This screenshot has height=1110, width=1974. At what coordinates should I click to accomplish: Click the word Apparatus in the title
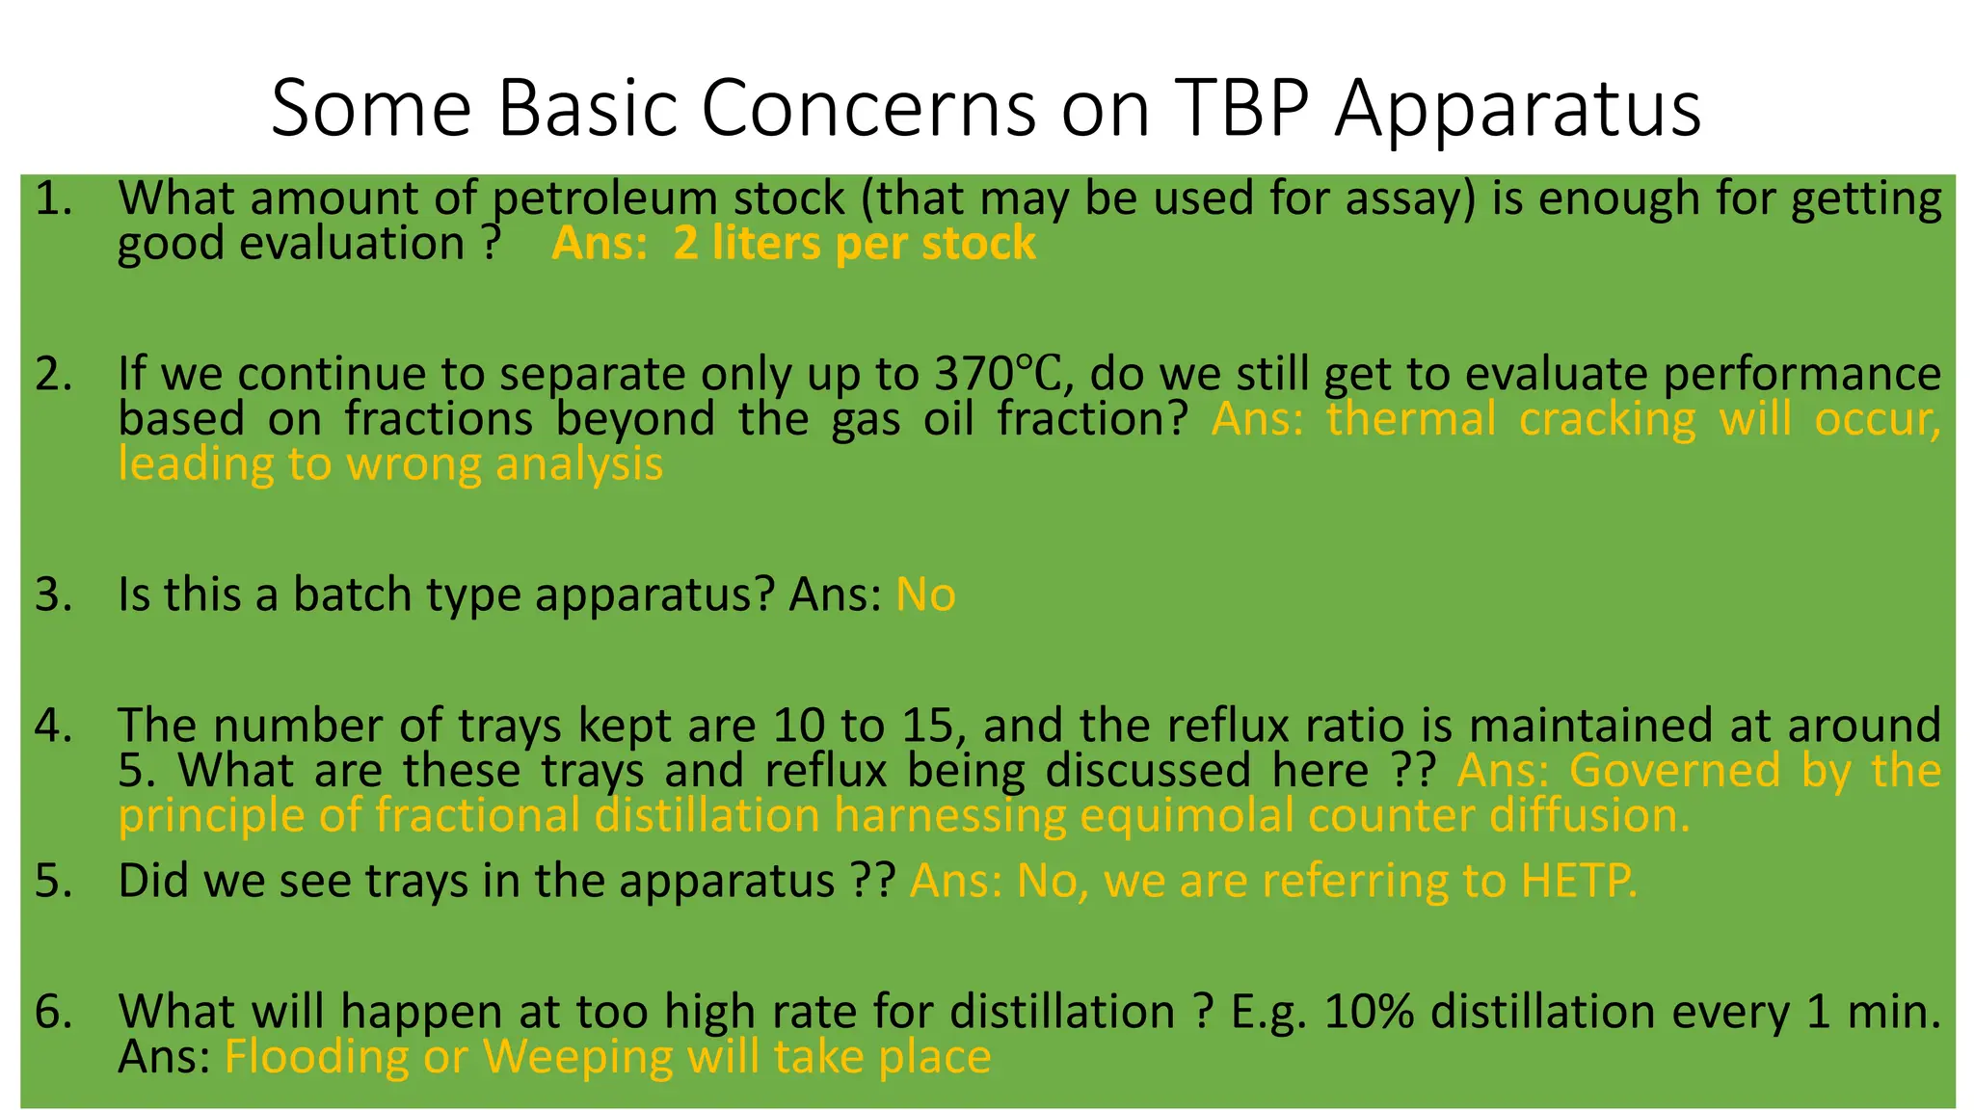pos(1517,108)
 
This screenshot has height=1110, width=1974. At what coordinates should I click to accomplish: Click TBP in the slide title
pos(1242,108)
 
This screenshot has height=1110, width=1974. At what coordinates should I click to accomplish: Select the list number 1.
pos(53,198)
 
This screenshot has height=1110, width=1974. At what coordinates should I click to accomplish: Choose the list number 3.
pos(53,595)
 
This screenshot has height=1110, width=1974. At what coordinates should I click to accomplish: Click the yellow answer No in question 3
pos(925,595)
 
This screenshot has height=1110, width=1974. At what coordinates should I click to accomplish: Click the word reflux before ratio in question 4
pos(1229,726)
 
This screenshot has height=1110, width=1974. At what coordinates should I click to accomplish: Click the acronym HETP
pos(1578,881)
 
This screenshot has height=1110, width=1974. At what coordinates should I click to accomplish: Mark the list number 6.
pos(53,1012)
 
